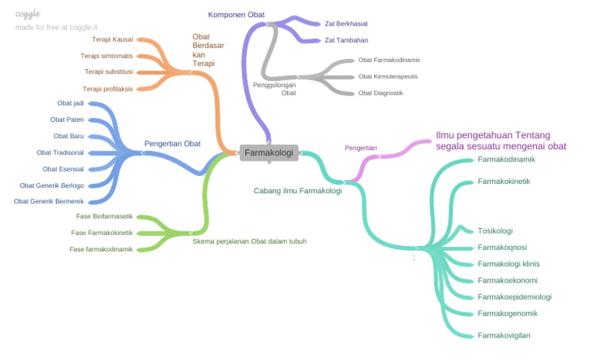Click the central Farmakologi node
pos(269,153)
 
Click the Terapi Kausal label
pos(112,39)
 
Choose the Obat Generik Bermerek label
pos(49,201)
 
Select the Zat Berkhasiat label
pos(346,23)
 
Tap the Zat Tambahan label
pos(346,40)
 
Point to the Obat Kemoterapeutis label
pos(387,76)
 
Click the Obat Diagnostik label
pos(380,92)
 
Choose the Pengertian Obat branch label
pos(172,144)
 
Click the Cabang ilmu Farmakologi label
pos(297,190)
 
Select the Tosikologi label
pos(495,230)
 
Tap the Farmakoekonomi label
pos(508,280)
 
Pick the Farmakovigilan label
pos(504,335)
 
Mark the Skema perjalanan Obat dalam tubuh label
pos(249,241)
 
